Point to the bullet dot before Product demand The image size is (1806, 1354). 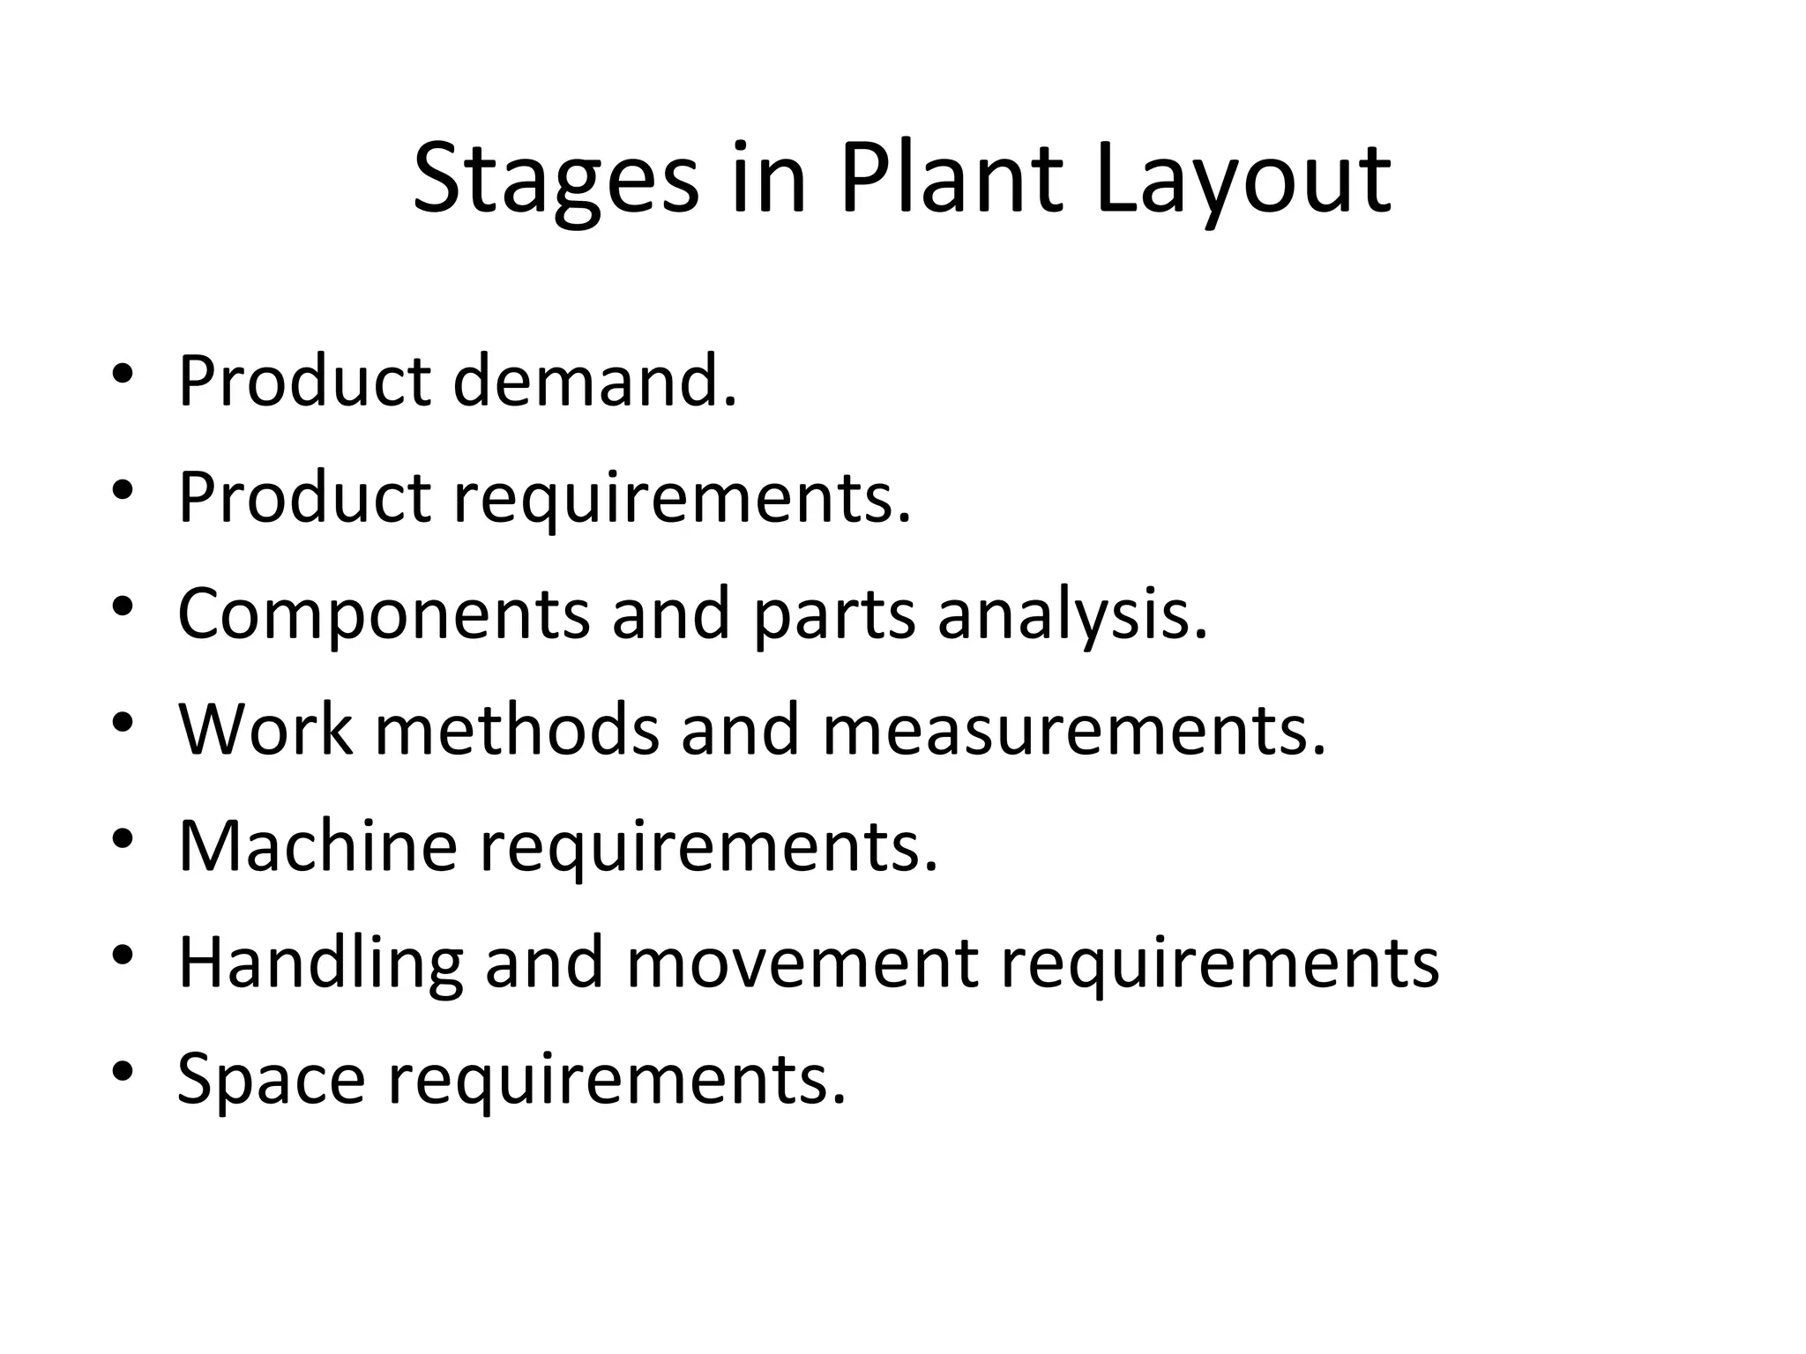click(x=123, y=374)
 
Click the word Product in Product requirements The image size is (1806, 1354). click(x=304, y=497)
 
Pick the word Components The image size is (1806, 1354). click(x=384, y=614)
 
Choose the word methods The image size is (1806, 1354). click(x=517, y=730)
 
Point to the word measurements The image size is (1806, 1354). click(x=1073, y=730)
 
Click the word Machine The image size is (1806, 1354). click(x=317, y=845)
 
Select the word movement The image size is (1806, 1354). click(x=802, y=963)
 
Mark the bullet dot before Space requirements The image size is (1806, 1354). click(x=123, y=1070)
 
